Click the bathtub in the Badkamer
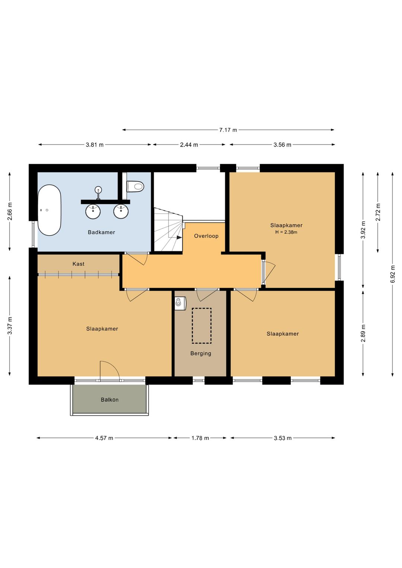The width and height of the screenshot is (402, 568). click(50, 210)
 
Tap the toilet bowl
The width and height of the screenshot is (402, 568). click(135, 186)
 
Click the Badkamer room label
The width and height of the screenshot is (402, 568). click(102, 232)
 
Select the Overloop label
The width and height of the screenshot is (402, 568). click(206, 236)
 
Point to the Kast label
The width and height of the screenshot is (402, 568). click(79, 264)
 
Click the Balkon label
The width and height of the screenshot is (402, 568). click(109, 400)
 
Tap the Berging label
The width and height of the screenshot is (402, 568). click(201, 354)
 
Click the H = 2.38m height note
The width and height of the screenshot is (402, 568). click(286, 232)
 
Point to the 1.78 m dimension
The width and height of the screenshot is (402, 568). click(200, 438)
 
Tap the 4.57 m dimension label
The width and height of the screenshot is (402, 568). click(104, 438)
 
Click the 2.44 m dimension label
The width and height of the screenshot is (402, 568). click(189, 145)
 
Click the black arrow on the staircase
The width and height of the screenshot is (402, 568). click(179, 237)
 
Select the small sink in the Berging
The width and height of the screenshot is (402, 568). click(180, 303)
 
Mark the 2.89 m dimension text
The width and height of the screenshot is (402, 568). click(363, 333)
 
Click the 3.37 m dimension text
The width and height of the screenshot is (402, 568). click(10, 326)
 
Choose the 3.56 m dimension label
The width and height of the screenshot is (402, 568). click(282, 145)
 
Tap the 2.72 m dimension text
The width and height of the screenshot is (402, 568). click(378, 212)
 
